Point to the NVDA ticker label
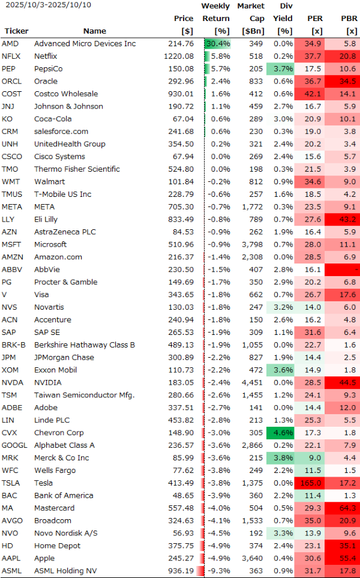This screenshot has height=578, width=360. pos(11,382)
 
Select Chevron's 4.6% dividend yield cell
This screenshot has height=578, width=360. pos(283,433)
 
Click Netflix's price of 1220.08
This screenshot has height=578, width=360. pos(181,56)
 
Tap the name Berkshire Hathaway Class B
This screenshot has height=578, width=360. pos(84,345)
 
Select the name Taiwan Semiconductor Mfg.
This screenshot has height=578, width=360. pos(84,395)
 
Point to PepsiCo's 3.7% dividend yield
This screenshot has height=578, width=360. pos(283,69)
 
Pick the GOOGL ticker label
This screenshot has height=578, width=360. pos(14,445)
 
